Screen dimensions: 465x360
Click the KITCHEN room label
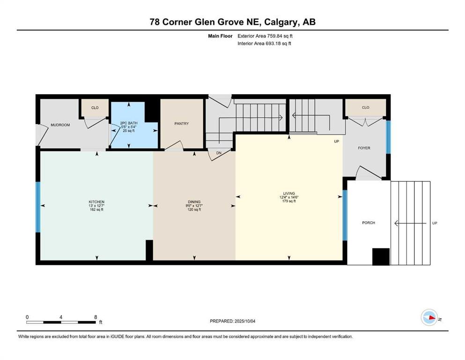coord(96,202)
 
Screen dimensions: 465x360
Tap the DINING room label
coord(194,202)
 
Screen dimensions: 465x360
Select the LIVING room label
coord(289,193)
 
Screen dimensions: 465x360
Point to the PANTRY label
coord(182,123)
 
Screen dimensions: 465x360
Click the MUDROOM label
coord(60,125)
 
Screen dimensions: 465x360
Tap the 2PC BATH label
coord(129,123)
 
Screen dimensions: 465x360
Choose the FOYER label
coord(364,148)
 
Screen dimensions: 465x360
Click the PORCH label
coord(369,223)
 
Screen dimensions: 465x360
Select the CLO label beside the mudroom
coord(95,108)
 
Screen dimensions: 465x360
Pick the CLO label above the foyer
coord(366,107)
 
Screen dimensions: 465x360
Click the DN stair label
coord(219,153)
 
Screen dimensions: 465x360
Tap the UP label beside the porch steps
coord(435,223)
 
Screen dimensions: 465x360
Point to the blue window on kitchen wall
coord(38,207)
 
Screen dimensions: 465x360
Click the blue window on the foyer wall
coord(388,137)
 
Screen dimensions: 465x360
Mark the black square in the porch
coord(381,257)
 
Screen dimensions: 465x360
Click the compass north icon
coord(429,317)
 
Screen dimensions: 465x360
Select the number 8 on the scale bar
coord(96,317)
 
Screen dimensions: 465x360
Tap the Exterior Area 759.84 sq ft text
coord(265,36)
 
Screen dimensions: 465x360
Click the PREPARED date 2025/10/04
coord(245,321)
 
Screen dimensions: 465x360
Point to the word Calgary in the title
coord(281,22)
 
